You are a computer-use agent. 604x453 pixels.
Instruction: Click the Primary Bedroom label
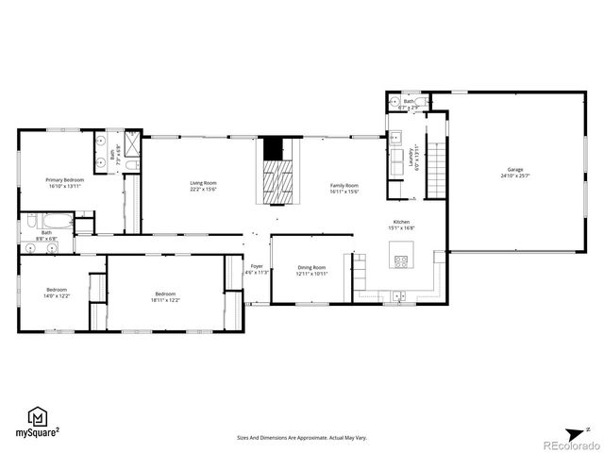tap(66, 179)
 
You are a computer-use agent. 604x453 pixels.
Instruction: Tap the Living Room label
tap(203, 183)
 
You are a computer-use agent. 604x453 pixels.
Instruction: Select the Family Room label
tap(344, 185)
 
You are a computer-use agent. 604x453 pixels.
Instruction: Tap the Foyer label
tap(257, 266)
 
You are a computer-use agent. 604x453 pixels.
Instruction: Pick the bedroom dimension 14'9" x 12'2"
tap(57, 296)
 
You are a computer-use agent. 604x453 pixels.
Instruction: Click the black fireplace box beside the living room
tap(273, 149)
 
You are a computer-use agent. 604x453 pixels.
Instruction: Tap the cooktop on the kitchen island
tap(401, 260)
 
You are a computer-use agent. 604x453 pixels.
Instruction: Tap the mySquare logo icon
tap(39, 417)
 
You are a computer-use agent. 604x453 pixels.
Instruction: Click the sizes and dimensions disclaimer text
tap(301, 438)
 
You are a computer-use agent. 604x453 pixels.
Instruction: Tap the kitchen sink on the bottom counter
tap(399, 296)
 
